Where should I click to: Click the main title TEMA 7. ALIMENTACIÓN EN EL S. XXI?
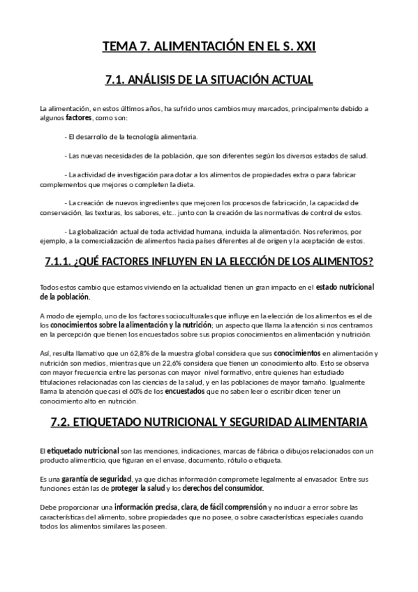(209, 47)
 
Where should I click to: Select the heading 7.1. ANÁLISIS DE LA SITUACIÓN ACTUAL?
(209, 80)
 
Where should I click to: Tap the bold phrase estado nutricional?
(345, 287)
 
